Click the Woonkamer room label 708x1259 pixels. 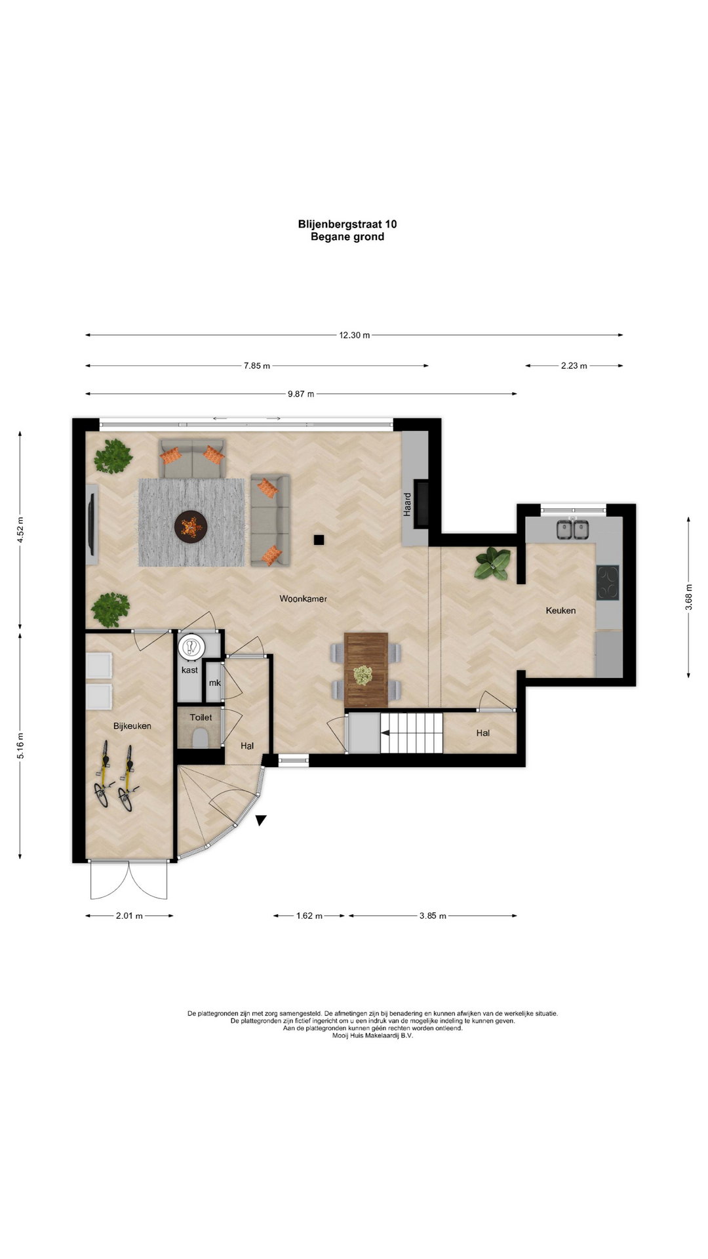click(x=303, y=599)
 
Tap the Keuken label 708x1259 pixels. click(x=560, y=610)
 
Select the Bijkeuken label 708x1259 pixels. click(x=132, y=726)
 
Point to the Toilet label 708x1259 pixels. click(x=201, y=717)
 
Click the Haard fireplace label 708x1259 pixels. click(x=407, y=504)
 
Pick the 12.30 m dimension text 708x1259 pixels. click(x=354, y=335)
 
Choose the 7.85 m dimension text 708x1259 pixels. click(x=257, y=366)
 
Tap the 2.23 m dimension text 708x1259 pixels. click(x=574, y=366)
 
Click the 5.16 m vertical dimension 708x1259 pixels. click(x=20, y=746)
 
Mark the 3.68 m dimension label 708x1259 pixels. click(x=688, y=597)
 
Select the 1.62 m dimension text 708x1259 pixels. click(x=309, y=915)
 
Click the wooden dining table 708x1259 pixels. click(x=366, y=669)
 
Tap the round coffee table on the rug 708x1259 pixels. click(x=191, y=526)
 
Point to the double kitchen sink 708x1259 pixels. click(x=572, y=529)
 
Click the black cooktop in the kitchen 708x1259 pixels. click(x=608, y=583)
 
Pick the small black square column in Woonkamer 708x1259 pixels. click(x=319, y=540)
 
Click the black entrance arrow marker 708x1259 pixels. click(x=261, y=820)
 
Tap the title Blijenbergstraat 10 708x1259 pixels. click(x=347, y=224)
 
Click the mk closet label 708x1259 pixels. click(x=214, y=683)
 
